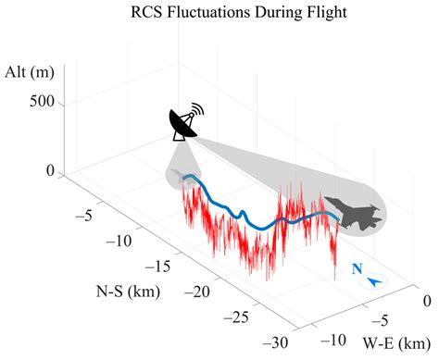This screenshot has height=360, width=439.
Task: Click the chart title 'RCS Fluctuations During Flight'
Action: click(219, 13)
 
